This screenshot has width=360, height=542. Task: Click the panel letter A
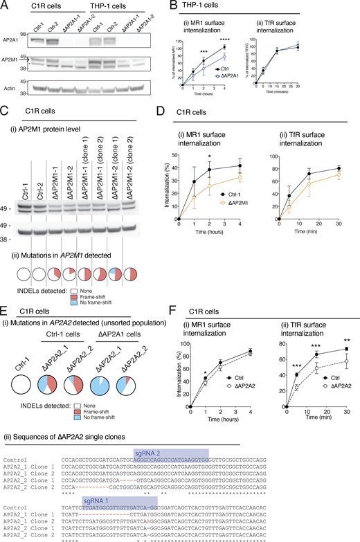5,6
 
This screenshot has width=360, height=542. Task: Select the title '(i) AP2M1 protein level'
48,134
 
